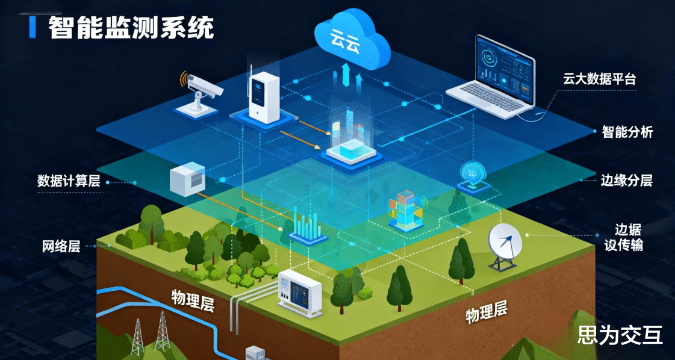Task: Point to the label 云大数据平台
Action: [599, 79]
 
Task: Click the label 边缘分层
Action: [626, 180]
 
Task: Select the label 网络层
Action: [61, 246]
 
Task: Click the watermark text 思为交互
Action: [620, 335]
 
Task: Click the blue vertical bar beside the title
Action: [34, 27]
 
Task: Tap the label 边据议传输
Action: [627, 237]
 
